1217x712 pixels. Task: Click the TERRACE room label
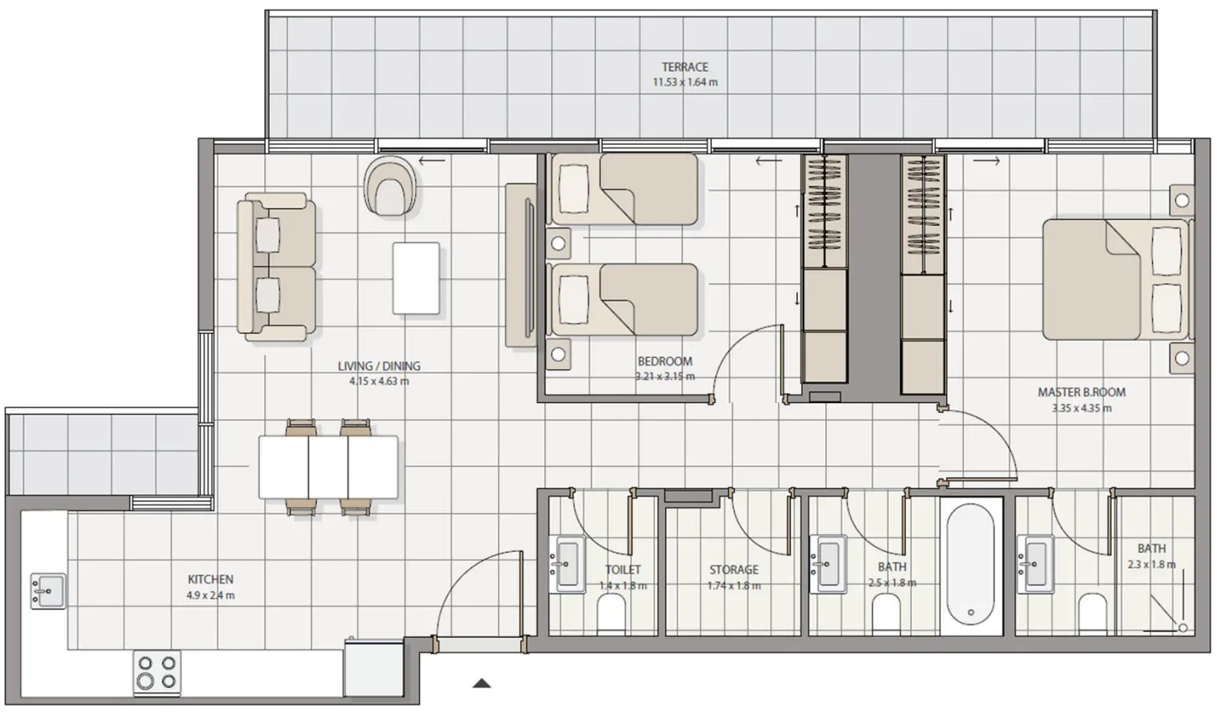tap(684, 67)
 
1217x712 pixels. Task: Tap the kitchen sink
tap(47, 590)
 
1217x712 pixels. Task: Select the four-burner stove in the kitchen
tap(157, 672)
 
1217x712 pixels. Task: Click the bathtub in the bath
tap(970, 565)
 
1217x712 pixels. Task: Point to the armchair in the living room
tap(390, 187)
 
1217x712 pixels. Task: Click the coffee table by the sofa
tap(416, 278)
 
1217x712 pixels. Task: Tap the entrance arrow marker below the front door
tap(481, 684)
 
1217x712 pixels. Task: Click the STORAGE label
tap(734, 570)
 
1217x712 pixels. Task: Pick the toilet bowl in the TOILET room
tap(611, 616)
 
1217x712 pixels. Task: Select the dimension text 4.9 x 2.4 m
tap(210, 595)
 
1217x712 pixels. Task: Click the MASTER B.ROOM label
tap(1081, 392)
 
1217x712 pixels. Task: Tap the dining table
tap(328, 467)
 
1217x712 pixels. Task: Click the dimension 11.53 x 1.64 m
tap(684, 82)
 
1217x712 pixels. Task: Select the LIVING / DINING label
tap(378, 366)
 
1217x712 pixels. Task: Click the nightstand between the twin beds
tap(558, 244)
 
